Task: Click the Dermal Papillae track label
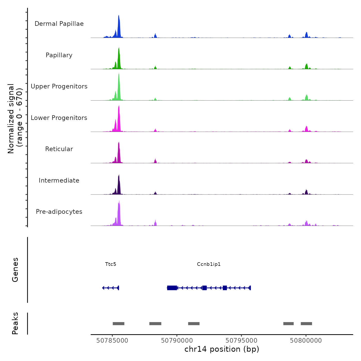tap(59, 24)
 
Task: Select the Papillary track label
tap(59, 55)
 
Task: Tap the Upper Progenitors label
tap(59, 86)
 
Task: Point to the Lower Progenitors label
tap(59, 118)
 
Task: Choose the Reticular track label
tap(59, 149)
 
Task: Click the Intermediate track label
tap(59, 180)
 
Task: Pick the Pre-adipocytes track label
tap(59, 212)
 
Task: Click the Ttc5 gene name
tap(111, 264)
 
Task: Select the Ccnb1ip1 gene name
tap(209, 264)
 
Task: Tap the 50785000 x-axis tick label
tap(112, 341)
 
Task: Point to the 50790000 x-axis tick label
tap(177, 341)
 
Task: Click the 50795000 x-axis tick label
tap(241, 341)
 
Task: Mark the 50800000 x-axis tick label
tap(306, 341)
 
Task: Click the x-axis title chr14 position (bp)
tap(222, 349)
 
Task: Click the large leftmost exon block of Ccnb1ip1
tap(172, 288)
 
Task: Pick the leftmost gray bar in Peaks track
tap(118, 324)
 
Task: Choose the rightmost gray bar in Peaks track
tap(306, 324)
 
